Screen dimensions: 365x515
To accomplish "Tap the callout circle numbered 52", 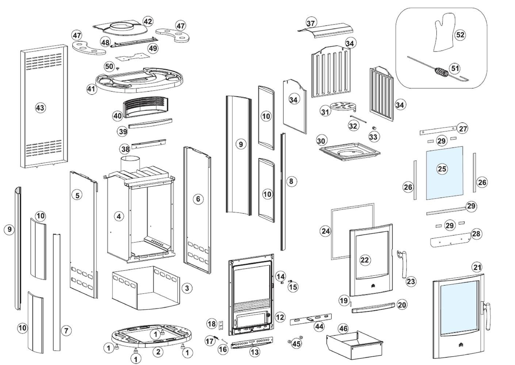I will tap(460, 35).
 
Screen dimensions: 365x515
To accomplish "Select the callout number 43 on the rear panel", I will tap(40, 108).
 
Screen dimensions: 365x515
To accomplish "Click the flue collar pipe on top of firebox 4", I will tap(130, 164).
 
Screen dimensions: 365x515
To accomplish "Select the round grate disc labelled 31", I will tap(342, 106).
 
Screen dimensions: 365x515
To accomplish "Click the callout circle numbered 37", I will tap(310, 23).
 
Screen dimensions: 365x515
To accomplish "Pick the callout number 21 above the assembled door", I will tap(477, 267).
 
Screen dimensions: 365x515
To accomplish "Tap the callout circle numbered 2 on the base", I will tap(158, 352).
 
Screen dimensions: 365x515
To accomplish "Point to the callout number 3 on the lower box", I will tap(187, 288).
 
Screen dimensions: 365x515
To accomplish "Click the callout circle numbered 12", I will tap(280, 317).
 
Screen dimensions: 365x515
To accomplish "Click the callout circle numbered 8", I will tap(291, 181).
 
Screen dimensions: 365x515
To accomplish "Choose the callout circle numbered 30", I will tap(321, 141).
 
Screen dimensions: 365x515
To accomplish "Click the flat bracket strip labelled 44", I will tap(310, 320).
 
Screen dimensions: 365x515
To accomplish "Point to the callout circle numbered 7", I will tap(66, 331).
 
